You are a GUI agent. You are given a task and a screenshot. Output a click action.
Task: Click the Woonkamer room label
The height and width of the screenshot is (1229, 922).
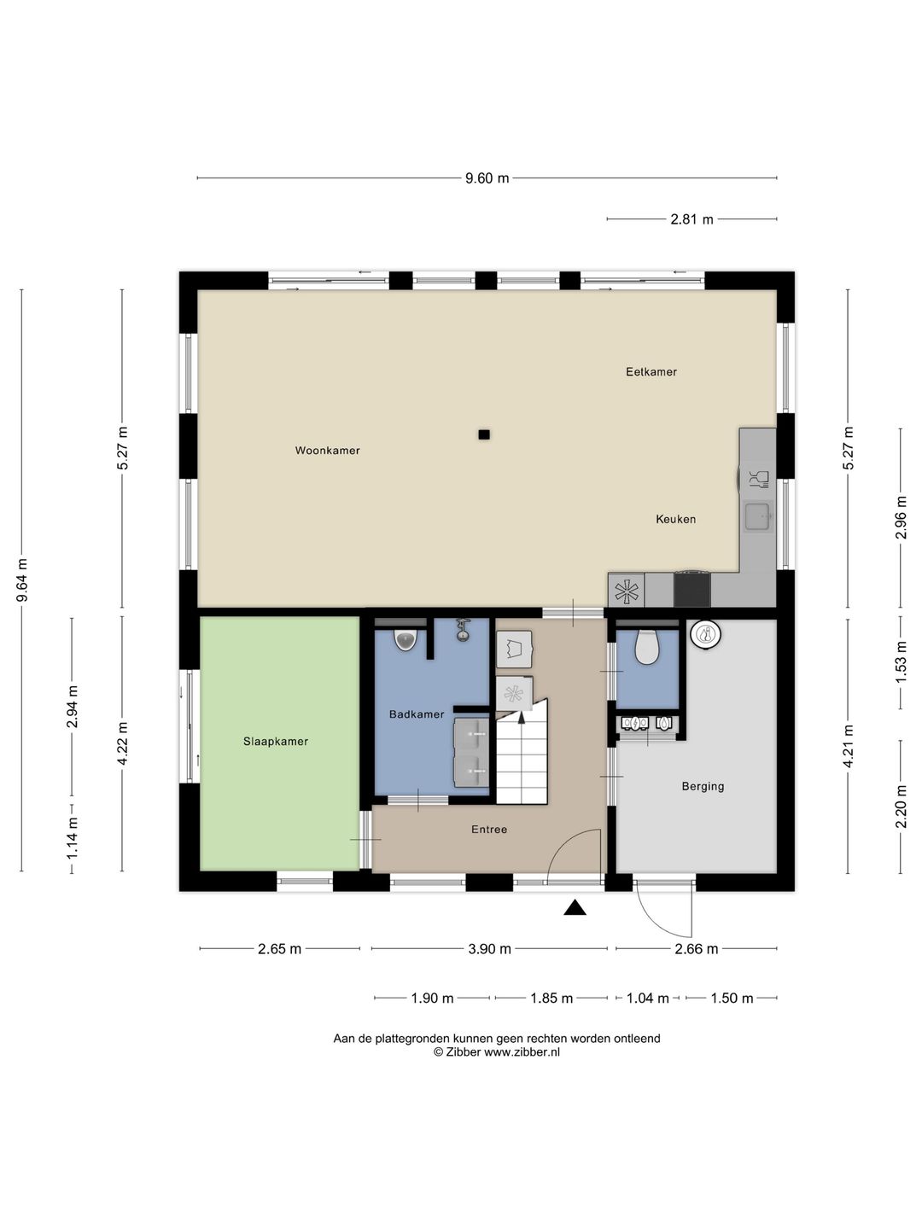point(327,450)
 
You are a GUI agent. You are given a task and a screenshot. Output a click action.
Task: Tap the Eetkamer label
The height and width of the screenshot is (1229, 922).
point(651,372)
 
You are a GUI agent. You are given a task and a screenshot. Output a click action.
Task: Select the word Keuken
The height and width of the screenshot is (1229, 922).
point(675,519)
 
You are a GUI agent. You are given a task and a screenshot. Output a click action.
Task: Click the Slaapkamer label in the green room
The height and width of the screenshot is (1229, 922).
point(276,742)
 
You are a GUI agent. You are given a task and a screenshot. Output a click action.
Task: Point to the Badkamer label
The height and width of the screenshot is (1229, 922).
point(417,714)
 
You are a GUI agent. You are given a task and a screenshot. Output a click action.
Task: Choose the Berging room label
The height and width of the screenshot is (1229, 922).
point(703,787)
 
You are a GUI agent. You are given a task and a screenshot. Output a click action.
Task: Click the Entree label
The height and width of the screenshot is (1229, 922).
point(488,830)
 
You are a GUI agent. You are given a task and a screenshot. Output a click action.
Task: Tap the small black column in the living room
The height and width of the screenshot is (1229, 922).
point(484,434)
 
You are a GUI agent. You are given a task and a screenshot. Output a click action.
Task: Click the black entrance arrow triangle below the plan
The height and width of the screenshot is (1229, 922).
point(575,907)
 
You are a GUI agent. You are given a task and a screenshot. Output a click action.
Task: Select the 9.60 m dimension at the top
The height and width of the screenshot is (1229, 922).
point(487,178)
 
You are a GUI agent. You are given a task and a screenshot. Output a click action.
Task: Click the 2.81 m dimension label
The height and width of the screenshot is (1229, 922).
point(691,219)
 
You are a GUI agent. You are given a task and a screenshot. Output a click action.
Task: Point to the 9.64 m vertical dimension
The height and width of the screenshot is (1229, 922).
point(22,580)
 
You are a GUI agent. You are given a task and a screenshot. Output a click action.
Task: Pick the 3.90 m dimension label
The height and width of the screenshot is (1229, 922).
point(489,948)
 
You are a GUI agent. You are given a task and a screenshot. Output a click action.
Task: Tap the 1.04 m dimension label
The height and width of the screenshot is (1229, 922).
point(648,998)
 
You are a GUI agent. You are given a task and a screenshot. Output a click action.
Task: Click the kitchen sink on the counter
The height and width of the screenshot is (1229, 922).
point(759,516)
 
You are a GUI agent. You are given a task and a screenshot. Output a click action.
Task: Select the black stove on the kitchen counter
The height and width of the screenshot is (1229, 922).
point(692,588)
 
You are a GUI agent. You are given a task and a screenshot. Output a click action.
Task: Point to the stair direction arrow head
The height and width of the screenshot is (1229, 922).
point(521,717)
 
